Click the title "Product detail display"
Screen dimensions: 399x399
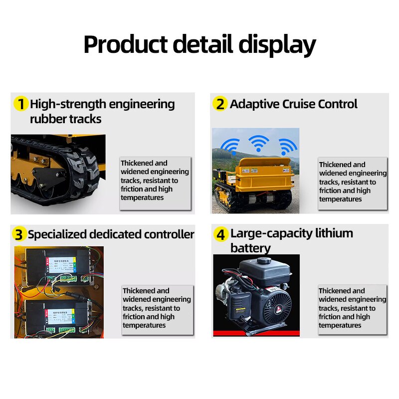[199, 45]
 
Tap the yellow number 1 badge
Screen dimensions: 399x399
[20, 104]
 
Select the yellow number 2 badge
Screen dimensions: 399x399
[220, 104]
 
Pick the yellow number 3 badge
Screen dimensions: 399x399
[19, 234]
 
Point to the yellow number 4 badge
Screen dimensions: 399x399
[221, 234]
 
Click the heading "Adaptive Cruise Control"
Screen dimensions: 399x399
[293, 104]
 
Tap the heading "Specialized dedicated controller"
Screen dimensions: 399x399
[111, 234]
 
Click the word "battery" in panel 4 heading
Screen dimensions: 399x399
[250, 248]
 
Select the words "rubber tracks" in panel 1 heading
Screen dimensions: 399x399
[65, 119]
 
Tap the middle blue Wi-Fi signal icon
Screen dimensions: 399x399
[256, 144]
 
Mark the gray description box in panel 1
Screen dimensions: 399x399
[155, 183]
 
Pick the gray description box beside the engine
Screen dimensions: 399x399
[352, 309]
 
